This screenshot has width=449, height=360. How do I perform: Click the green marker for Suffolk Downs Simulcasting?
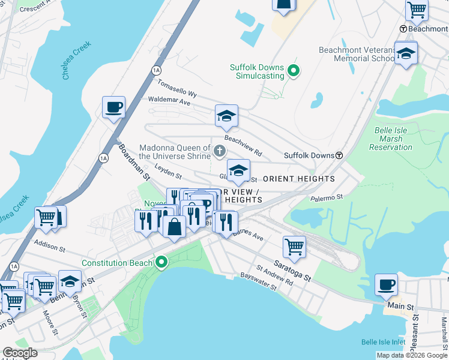pyautogui.click(x=294, y=72)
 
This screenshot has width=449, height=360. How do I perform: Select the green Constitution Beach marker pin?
pyautogui.click(x=161, y=263)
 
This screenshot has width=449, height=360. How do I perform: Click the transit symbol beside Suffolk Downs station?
pyautogui.click(x=339, y=155)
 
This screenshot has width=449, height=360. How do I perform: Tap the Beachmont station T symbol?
pyautogui.click(x=404, y=29)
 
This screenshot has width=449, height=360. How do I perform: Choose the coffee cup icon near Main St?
pyautogui.click(x=386, y=284)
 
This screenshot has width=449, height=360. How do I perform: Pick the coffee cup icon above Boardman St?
pyautogui.click(x=113, y=107)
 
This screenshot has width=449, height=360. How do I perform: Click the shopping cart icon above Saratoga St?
pyautogui.click(x=294, y=246)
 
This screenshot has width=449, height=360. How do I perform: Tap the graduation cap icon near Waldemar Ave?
pyautogui.click(x=227, y=115)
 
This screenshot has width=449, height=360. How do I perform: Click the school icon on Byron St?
pyautogui.click(x=70, y=281)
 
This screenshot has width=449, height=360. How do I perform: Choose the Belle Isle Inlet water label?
pyautogui.click(x=384, y=342)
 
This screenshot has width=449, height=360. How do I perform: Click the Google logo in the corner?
pyautogui.click(x=20, y=353)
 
